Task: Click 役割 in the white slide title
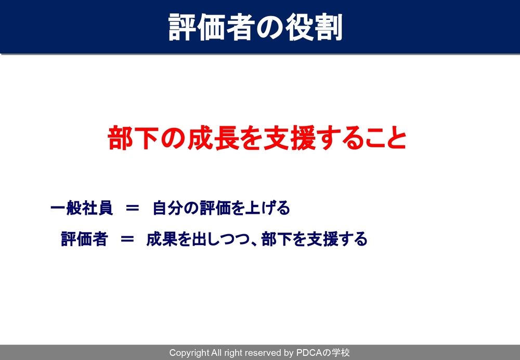click(x=314, y=28)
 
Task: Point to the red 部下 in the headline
click(x=133, y=138)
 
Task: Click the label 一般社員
click(x=82, y=208)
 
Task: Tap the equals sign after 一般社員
click(x=132, y=209)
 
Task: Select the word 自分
click(x=167, y=208)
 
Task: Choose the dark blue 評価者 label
click(x=84, y=239)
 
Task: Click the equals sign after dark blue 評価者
click(x=127, y=239)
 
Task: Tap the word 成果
click(x=161, y=239)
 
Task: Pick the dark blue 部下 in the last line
click(x=277, y=239)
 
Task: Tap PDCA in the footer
click(x=309, y=353)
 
